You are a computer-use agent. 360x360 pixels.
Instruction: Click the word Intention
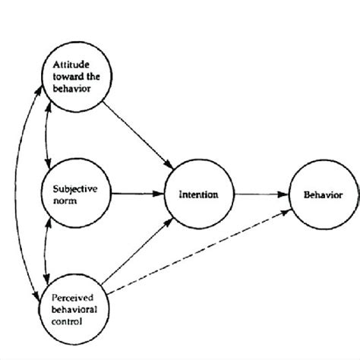pos(199,194)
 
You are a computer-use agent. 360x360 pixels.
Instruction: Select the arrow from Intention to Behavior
pos(262,195)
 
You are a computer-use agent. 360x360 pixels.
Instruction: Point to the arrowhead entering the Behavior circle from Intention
pos(286,195)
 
